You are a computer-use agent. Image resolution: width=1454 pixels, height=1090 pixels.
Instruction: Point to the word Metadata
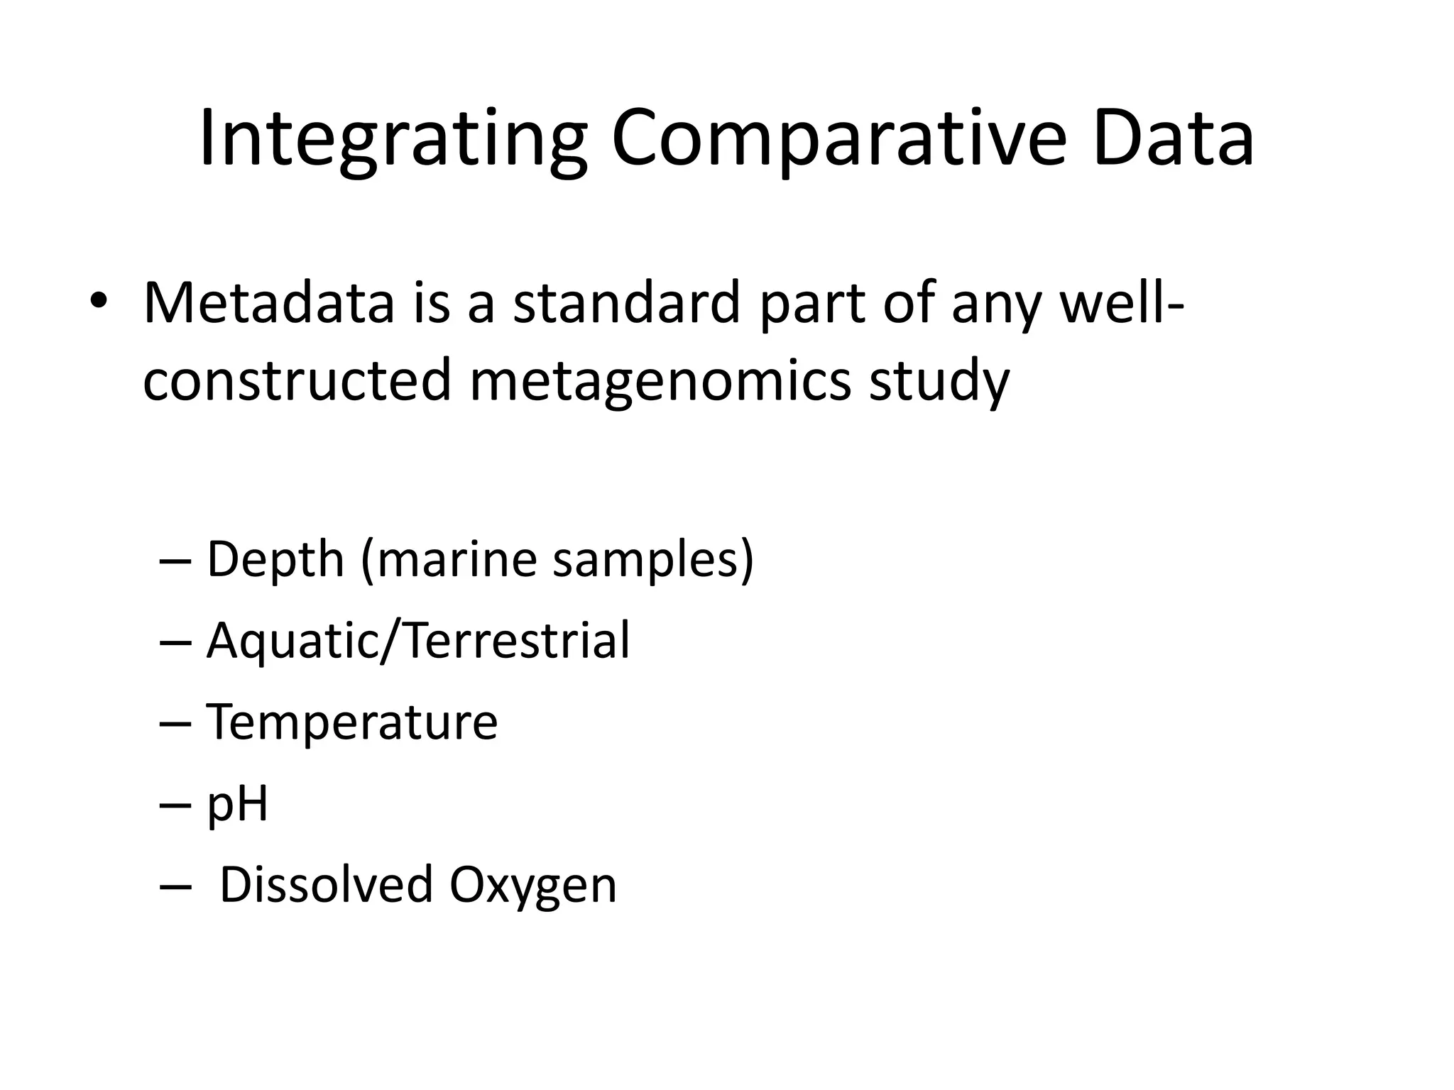point(268,303)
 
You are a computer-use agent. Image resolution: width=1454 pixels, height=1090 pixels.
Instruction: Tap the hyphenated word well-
point(1122,303)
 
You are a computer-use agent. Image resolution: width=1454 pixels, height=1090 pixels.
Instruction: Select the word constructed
point(297,380)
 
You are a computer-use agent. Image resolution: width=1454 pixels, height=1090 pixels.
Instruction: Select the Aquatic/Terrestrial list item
point(417,641)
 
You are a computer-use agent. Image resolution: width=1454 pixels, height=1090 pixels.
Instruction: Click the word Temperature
point(351,722)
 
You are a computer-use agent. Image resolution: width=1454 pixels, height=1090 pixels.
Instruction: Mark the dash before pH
point(176,804)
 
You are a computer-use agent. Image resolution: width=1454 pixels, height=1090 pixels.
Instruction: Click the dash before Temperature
point(176,723)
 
